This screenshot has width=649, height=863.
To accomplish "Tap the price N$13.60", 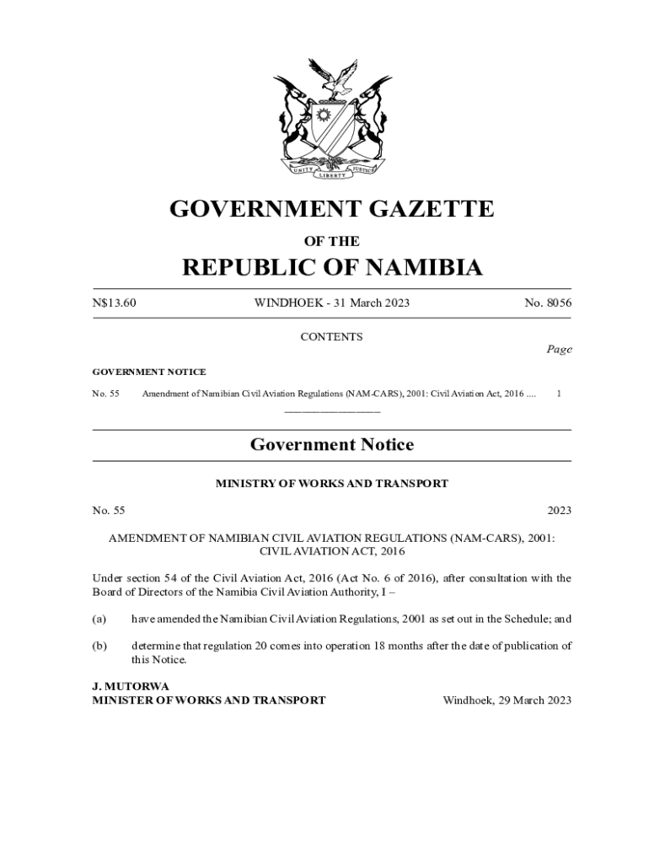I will click(114, 303).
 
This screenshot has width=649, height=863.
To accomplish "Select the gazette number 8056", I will click(559, 303).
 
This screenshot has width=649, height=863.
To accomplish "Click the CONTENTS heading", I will click(332, 337).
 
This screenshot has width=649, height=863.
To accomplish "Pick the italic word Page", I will click(558, 349).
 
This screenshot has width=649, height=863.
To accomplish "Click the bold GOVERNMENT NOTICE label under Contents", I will click(149, 372).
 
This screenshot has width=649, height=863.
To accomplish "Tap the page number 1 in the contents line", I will click(560, 394).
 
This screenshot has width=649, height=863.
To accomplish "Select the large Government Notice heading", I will click(332, 445).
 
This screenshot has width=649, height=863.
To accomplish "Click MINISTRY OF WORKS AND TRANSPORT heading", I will click(332, 484).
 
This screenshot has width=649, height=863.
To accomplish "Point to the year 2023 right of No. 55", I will click(559, 511).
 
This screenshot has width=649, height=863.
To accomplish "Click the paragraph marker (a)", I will click(99, 619).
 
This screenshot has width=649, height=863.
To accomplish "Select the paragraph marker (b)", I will click(99, 646).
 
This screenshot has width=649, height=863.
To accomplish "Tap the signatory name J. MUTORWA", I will click(131, 687).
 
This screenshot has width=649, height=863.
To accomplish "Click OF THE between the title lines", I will click(332, 241).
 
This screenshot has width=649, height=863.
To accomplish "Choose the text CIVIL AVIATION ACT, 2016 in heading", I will click(332, 552).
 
